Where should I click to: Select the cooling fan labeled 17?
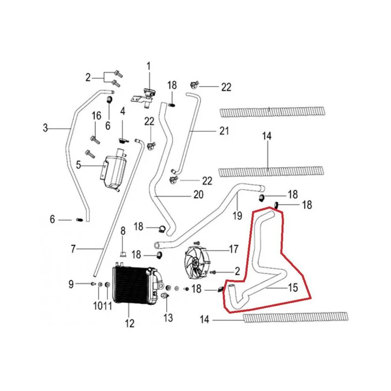[x=197, y=263]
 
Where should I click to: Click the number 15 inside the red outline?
[x=293, y=287]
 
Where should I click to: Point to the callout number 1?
[x=149, y=66]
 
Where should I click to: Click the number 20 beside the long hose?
[x=198, y=195]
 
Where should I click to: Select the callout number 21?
[x=224, y=130]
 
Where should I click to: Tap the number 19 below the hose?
[x=237, y=216]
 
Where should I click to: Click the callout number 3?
[x=45, y=128]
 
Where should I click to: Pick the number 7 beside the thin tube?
[x=73, y=249]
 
